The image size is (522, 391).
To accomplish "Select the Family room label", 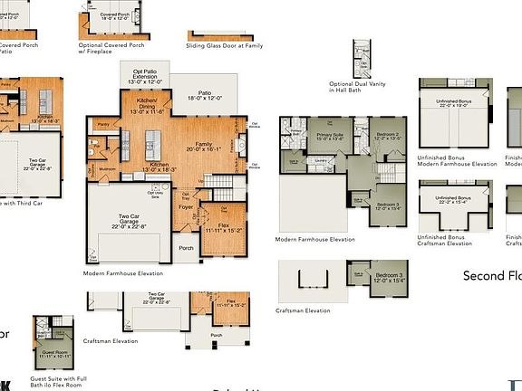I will (x=205, y=147).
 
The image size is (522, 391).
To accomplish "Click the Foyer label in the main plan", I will (x=187, y=207).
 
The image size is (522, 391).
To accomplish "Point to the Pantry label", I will (x=103, y=124).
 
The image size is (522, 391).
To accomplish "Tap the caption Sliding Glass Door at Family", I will (x=224, y=44).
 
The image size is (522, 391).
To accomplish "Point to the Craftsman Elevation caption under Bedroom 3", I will (x=304, y=310).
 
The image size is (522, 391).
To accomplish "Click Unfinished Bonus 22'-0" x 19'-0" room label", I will (x=456, y=102).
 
